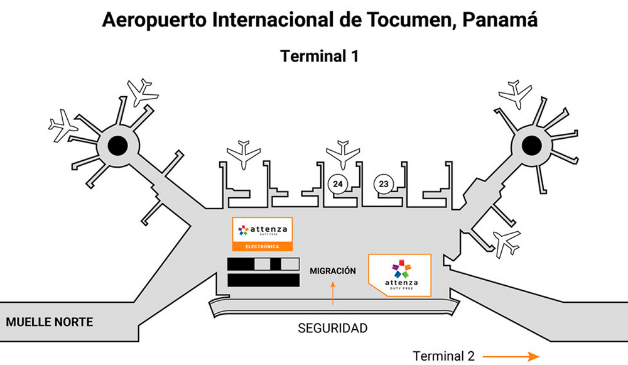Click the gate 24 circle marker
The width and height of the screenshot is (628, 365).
tap(338, 184)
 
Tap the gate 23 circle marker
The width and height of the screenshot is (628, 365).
tap(384, 184)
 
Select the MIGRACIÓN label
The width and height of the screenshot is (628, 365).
tap(333, 271)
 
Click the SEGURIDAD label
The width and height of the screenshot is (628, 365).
tap(332, 328)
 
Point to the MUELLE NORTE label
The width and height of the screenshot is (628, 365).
tap(49, 322)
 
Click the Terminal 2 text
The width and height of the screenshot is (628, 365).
tap(444, 356)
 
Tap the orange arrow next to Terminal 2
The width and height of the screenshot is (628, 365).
tap(511, 356)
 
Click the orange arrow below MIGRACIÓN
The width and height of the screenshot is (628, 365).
tap(333, 293)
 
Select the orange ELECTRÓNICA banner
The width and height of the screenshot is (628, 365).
tap(263, 246)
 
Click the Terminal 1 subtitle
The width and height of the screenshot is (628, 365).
tap(319, 56)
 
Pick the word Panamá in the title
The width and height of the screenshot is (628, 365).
tap(500, 19)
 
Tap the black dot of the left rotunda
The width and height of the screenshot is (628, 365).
tap(118, 146)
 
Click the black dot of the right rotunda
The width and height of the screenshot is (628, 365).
tap(531, 145)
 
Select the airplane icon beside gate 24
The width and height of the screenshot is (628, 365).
tap(343, 155)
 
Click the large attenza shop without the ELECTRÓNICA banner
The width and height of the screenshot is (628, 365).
tap(399, 275)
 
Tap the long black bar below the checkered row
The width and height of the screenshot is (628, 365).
tap(264, 280)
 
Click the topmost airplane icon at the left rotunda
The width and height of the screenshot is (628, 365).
tap(142, 92)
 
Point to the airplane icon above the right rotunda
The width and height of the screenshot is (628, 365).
tap(516, 95)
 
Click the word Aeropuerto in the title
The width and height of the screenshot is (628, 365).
tap(154, 21)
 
